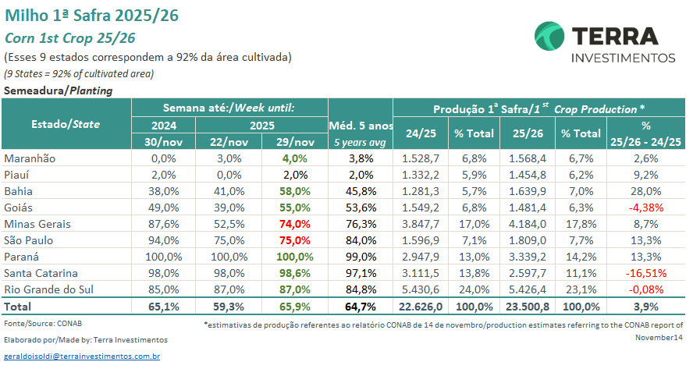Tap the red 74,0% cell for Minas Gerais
(297, 223)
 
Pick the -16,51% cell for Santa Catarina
(646, 272)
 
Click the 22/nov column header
(229, 141)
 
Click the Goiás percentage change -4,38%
(646, 207)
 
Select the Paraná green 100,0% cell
(297, 256)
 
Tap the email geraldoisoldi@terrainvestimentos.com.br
(82, 356)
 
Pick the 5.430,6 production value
(421, 289)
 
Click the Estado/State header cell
(66, 124)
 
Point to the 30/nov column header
(163, 141)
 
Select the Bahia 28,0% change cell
(646, 190)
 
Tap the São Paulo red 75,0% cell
(297, 239)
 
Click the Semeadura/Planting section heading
(59, 90)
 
